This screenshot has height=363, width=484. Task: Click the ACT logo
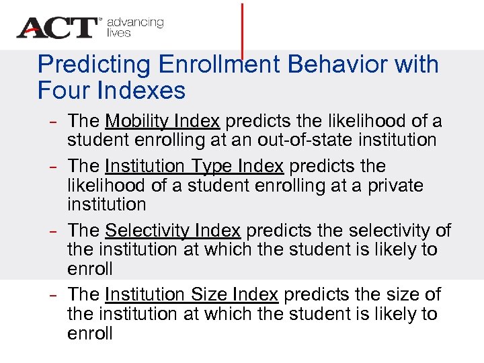[58, 28]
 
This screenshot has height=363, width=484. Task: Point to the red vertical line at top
[242, 27]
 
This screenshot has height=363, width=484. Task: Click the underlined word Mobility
[138, 122]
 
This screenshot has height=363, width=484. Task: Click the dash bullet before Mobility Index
[53, 122]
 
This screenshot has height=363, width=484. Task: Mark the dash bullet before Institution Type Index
[53, 166]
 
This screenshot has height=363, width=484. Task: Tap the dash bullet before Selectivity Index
[53, 231]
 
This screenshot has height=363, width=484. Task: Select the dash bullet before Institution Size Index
[53, 294]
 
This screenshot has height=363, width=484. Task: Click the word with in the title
[417, 65]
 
